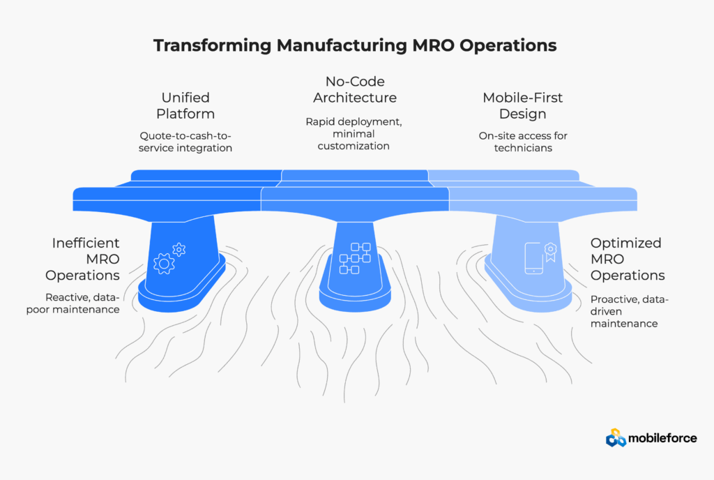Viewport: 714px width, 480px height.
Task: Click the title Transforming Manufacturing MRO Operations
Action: point(355,45)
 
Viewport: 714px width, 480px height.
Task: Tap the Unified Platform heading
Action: point(185,105)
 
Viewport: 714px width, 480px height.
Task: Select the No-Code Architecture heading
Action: point(355,89)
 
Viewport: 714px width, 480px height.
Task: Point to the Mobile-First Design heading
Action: point(523,105)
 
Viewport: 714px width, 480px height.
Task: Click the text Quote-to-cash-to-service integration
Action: point(185,142)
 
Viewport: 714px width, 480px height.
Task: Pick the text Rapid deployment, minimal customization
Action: point(354,134)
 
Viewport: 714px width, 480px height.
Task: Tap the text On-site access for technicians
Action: point(523,142)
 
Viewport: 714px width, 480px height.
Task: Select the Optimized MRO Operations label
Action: point(628,259)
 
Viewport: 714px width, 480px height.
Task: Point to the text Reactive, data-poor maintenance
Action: point(73,303)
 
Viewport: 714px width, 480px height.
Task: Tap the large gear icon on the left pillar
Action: point(164,264)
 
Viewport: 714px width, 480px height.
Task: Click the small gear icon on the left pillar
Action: point(179,249)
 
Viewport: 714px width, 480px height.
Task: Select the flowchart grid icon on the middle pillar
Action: point(355,258)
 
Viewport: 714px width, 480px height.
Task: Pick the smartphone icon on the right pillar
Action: point(533,258)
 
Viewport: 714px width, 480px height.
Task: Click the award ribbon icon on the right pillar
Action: point(551,252)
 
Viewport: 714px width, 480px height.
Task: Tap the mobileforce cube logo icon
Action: point(616,437)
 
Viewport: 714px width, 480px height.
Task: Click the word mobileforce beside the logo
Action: point(662,438)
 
